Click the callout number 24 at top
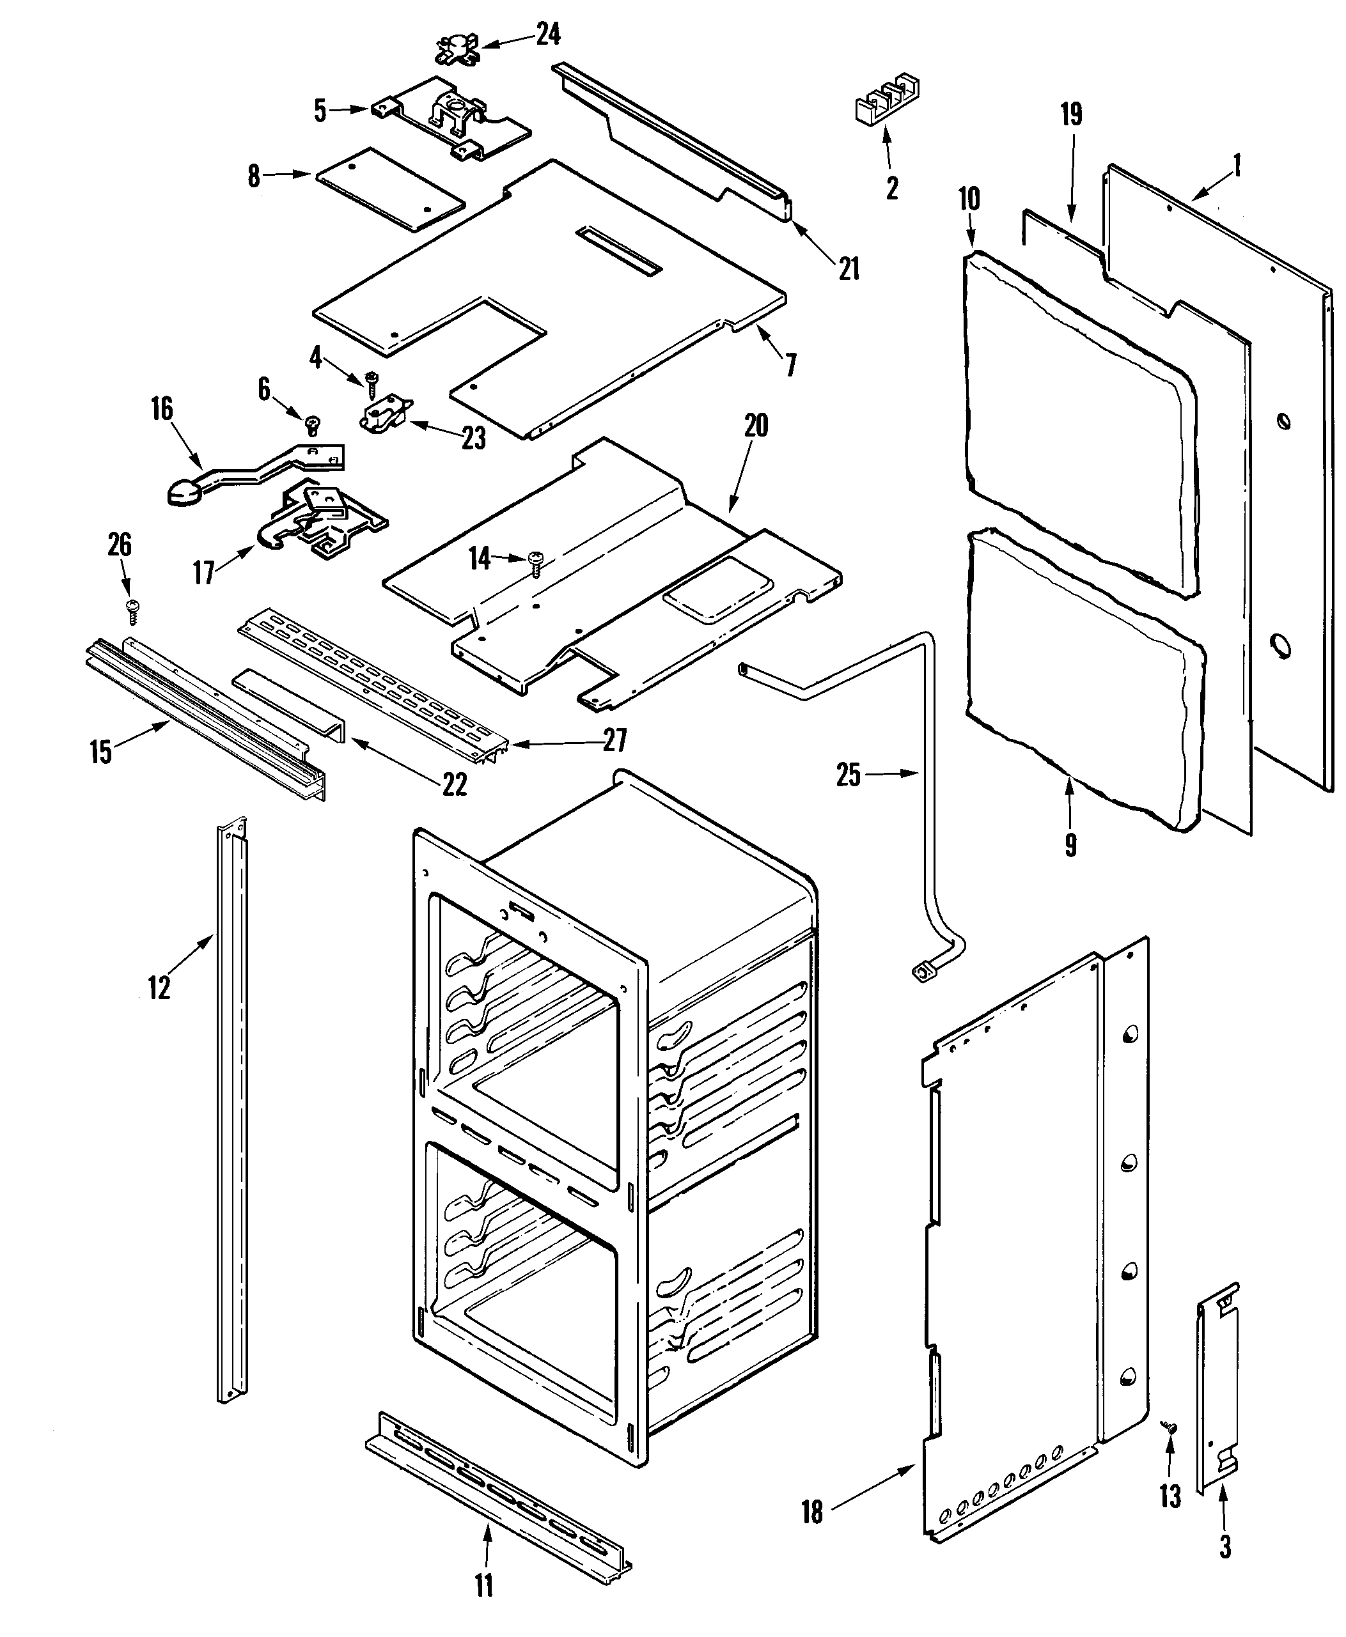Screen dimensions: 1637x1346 547,35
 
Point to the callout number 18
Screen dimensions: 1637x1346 812,1512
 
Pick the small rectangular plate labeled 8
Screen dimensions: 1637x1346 390,189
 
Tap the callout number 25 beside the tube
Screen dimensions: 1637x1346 849,774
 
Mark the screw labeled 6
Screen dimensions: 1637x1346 313,423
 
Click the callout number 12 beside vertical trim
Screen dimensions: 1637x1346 159,988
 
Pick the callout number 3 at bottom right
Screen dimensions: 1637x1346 1225,1546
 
